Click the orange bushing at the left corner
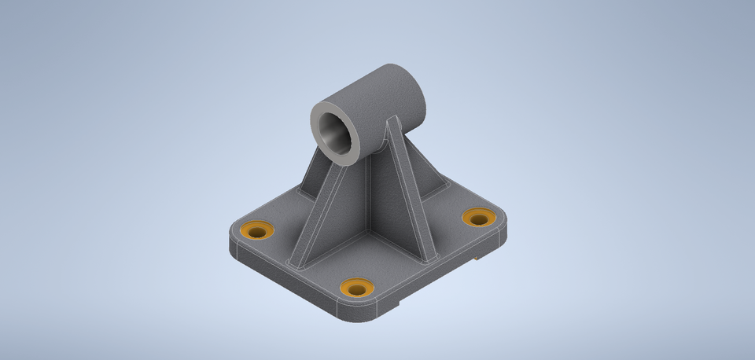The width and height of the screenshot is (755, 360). click(257, 229)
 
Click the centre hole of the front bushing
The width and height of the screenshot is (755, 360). click(357, 289)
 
